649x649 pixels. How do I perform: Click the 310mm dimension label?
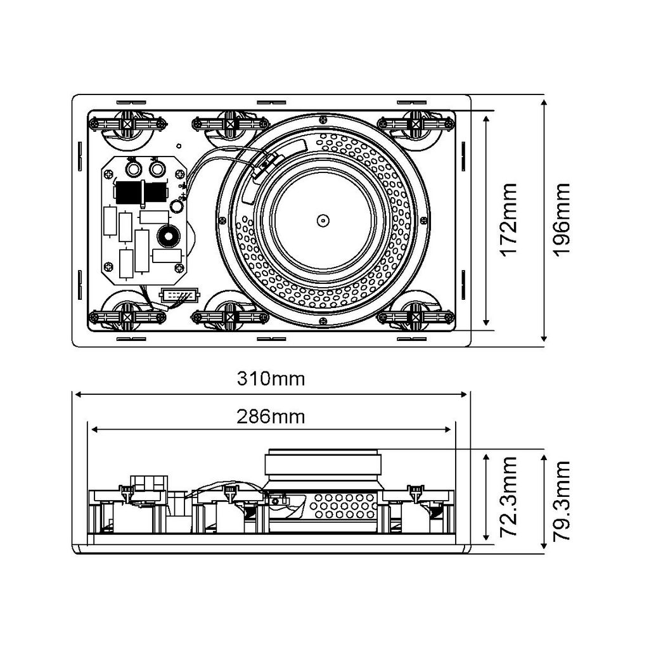pos(271,379)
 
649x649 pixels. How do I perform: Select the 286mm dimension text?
pos(271,416)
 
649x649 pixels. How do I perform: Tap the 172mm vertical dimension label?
pos(509,220)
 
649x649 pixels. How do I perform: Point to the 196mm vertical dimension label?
pos(562,220)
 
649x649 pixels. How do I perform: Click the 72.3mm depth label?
pos(509,497)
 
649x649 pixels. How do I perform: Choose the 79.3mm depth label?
pos(562,501)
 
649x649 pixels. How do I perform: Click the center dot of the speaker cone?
pos(323,220)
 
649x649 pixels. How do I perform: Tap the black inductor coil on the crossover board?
pos(141,193)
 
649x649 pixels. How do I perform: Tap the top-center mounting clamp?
pos(230,124)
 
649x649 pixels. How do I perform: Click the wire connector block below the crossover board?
pos(179,295)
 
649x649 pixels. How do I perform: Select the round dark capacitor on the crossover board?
pos(168,236)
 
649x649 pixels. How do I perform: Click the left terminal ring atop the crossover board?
pos(133,169)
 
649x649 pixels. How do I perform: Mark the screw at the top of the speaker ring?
pos(323,120)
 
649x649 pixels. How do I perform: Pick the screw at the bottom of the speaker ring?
pos(323,321)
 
